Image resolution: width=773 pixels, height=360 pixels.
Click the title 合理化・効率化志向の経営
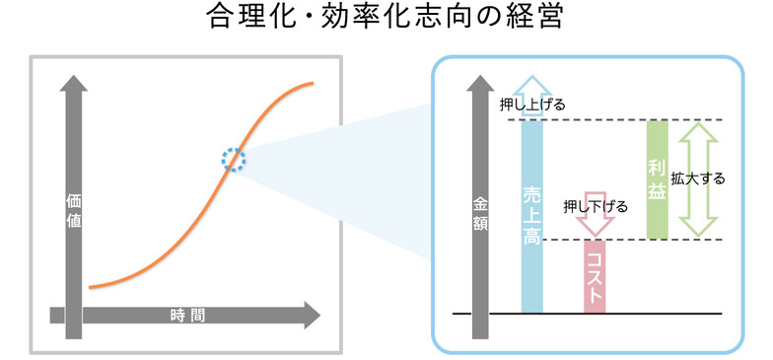[386, 20]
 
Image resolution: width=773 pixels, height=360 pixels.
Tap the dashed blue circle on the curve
[233, 159]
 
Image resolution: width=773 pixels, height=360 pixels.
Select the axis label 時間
[187, 316]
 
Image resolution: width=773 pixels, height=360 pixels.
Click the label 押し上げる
[533, 102]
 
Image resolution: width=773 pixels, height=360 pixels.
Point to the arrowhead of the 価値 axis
[73, 85]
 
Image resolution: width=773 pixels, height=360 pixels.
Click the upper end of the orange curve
[313, 83]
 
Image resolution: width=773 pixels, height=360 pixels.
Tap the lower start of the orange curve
[91, 287]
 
